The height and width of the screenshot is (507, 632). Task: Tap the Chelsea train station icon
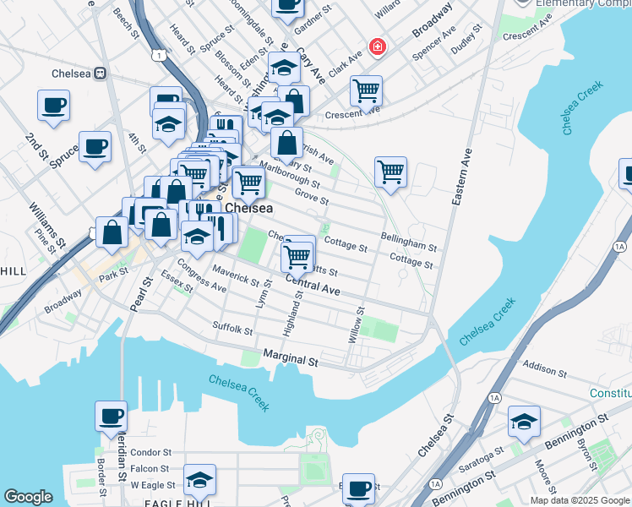99,73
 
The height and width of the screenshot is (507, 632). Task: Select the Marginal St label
290,359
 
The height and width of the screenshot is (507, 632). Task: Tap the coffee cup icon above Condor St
112,417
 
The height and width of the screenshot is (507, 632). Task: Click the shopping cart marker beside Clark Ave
366,90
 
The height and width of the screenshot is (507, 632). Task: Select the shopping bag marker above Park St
112,232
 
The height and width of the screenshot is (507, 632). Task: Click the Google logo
28,497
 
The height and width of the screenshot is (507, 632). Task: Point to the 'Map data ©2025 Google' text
579,500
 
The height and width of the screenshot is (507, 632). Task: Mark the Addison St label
545,370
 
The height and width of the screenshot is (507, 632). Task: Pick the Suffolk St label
232,329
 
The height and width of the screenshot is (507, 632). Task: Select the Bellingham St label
408,243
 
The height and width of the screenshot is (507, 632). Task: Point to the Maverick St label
236,275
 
